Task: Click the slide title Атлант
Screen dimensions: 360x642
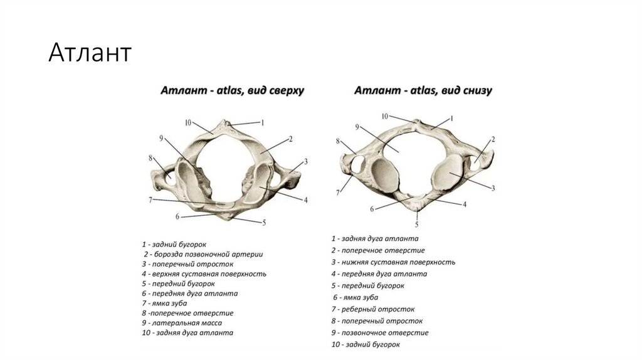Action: [x=90, y=53]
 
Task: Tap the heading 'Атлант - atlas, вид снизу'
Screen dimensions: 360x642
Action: [x=423, y=91]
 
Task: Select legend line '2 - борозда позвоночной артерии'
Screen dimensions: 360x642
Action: [x=202, y=254]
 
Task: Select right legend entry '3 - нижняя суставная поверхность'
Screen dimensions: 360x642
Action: [x=393, y=262]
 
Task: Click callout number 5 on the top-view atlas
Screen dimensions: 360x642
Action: [x=264, y=222]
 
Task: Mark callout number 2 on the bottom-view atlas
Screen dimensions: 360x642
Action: [x=493, y=139]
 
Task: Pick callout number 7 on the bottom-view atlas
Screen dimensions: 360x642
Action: [x=339, y=192]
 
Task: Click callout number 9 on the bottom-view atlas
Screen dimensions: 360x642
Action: [x=357, y=127]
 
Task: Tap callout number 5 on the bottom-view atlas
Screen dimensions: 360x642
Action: [x=418, y=224]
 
